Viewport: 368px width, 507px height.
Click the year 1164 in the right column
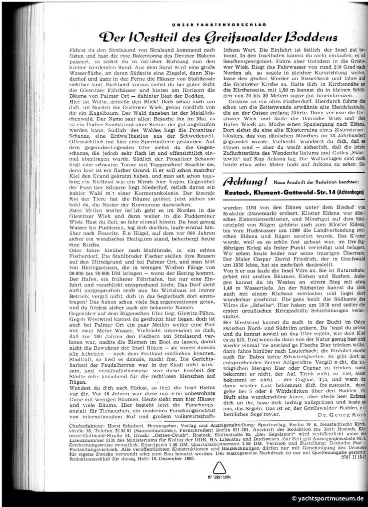coord(258,206)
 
